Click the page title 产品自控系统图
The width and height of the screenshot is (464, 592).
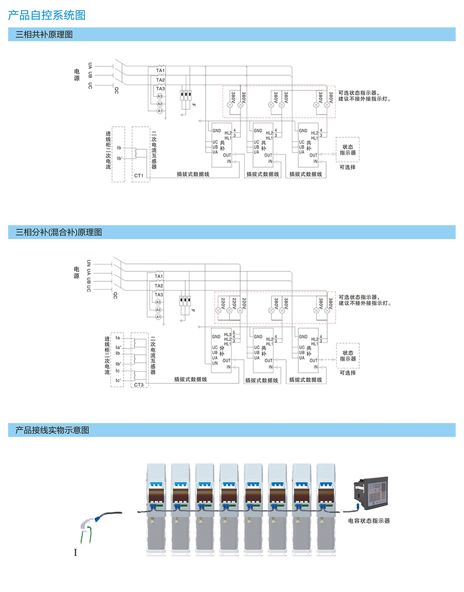tap(47, 15)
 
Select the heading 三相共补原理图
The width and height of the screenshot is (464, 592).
tap(44, 35)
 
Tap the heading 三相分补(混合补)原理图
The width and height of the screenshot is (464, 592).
tap(59, 232)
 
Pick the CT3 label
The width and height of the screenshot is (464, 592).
tap(139, 385)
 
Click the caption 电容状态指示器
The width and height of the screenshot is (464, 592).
tap(369, 521)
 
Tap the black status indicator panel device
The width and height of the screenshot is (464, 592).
tap(375, 494)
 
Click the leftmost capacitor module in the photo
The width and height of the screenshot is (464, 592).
tap(157, 508)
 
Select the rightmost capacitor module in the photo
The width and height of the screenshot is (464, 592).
tap(327, 508)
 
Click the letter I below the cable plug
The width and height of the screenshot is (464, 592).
tap(76, 553)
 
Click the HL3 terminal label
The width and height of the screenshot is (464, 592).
tap(227, 334)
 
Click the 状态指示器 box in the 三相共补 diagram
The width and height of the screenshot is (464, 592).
tap(348, 149)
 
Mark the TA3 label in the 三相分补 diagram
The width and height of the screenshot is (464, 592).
tap(159, 295)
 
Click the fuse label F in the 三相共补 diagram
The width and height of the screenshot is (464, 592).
tap(193, 106)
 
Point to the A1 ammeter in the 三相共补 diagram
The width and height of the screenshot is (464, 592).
tap(160, 111)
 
